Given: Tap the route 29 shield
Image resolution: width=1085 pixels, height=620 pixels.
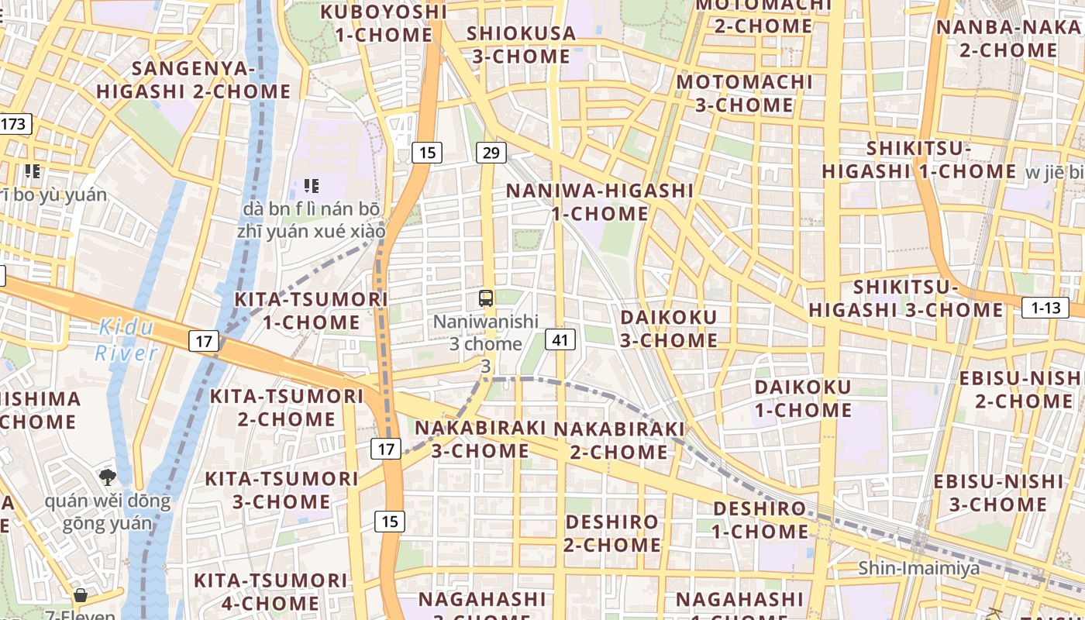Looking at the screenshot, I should [490, 153].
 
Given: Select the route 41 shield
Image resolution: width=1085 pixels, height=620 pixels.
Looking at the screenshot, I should [560, 339].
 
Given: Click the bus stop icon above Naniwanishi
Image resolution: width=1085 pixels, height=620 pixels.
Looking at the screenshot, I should [486, 298].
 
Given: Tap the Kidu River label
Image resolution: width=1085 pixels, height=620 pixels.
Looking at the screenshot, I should [126, 340].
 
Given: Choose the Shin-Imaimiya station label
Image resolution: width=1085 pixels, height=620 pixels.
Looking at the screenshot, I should [918, 568].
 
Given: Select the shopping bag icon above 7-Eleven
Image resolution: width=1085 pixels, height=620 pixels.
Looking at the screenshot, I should [80, 595].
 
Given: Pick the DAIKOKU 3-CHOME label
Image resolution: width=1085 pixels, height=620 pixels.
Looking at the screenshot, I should [669, 329].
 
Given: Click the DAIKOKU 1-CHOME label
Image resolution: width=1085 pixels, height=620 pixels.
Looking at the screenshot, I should [803, 398].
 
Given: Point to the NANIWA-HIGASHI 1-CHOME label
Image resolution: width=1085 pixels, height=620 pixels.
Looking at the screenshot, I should [600, 201].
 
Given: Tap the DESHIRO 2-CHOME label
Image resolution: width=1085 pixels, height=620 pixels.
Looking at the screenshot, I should [612, 533].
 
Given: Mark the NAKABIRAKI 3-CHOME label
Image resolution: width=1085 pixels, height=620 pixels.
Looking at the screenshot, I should [480, 439].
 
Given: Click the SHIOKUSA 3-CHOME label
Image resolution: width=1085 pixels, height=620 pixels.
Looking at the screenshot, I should [522, 45].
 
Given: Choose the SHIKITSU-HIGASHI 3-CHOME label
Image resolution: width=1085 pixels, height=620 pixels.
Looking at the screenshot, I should [906, 299].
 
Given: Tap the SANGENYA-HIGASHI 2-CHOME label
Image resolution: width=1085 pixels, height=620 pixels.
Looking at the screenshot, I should [194, 80].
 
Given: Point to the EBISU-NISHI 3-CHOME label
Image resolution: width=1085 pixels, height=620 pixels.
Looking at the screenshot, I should [998, 493].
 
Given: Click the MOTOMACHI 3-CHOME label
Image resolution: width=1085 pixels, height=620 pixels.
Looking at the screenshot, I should [744, 93].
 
